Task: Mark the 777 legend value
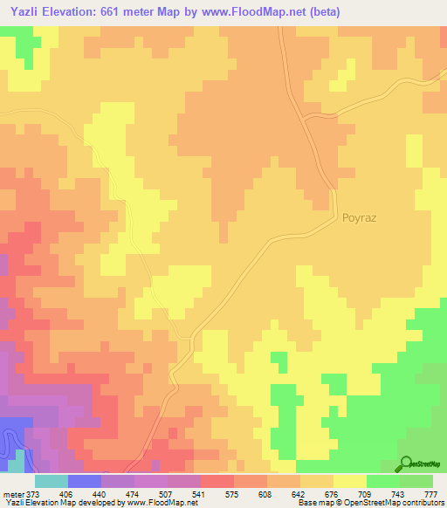[x=430, y=493]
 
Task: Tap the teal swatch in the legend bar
[x=52, y=481]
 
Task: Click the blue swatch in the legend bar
[x=85, y=481]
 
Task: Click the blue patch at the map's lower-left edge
[x=10, y=432]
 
